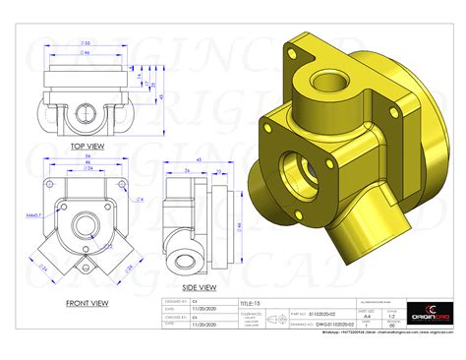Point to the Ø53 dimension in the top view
(x=85, y=43)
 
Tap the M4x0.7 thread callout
(x=34, y=211)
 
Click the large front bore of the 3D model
(x=296, y=166)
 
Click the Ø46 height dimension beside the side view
(x=238, y=225)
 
